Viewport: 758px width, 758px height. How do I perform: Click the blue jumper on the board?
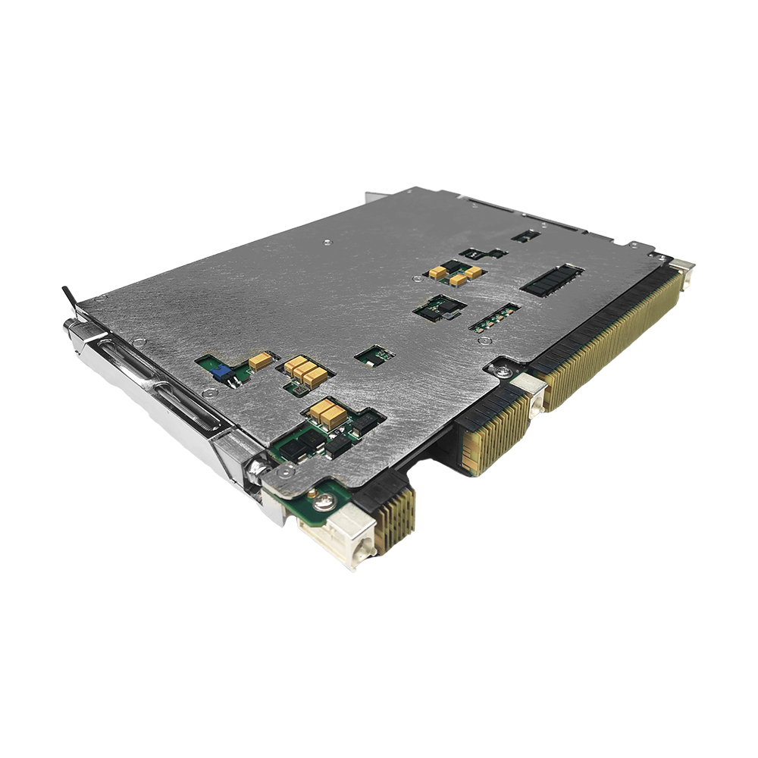click(x=221, y=371)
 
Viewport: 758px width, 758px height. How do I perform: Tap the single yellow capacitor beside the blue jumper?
click(x=260, y=361)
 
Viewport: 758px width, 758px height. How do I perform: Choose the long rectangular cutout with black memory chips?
click(x=552, y=280)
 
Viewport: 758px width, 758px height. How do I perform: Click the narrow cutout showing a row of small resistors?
click(x=494, y=317)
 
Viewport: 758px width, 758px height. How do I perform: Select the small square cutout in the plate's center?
click(x=374, y=354)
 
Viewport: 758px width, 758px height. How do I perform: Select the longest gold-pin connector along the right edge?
click(x=614, y=333)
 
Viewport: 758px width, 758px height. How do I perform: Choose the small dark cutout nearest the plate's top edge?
click(x=525, y=236)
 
